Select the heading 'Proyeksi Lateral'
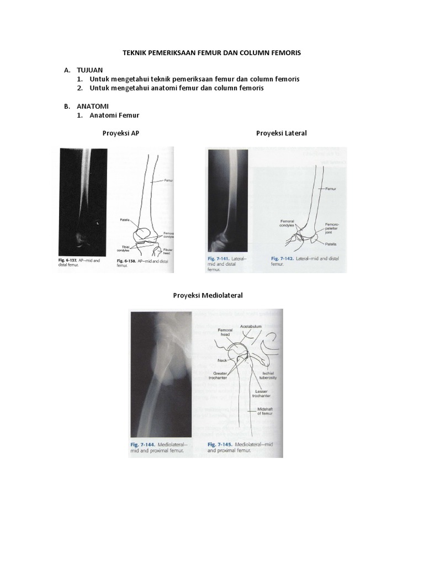[281, 133]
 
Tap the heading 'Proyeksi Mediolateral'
[208, 295]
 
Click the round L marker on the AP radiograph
[97, 223]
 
